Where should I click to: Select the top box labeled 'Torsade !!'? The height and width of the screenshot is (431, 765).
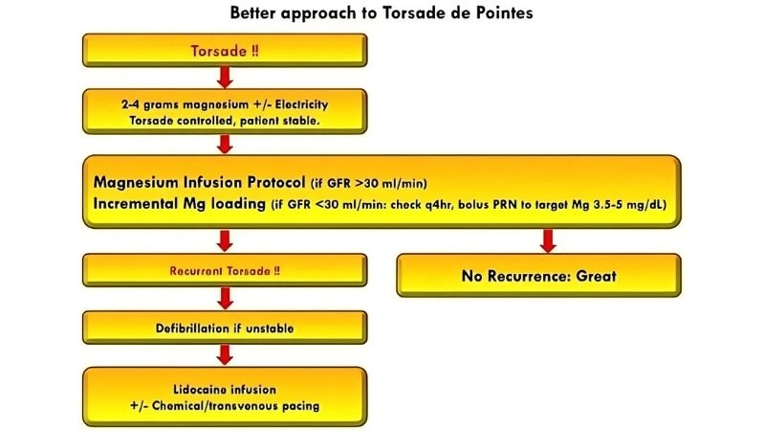pos(227,51)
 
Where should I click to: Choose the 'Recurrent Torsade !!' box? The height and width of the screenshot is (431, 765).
pos(227,270)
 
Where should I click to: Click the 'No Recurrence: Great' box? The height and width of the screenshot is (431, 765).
pos(546,276)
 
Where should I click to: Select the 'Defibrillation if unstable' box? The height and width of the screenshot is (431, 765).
pos(227,329)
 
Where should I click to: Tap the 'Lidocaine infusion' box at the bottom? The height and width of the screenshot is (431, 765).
pos(227,397)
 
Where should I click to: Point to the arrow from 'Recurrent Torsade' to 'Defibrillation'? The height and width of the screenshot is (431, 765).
pos(227,298)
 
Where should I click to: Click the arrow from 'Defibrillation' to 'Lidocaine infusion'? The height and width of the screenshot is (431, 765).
pos(227,355)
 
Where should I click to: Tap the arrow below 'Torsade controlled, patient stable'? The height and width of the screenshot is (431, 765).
pos(227,144)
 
